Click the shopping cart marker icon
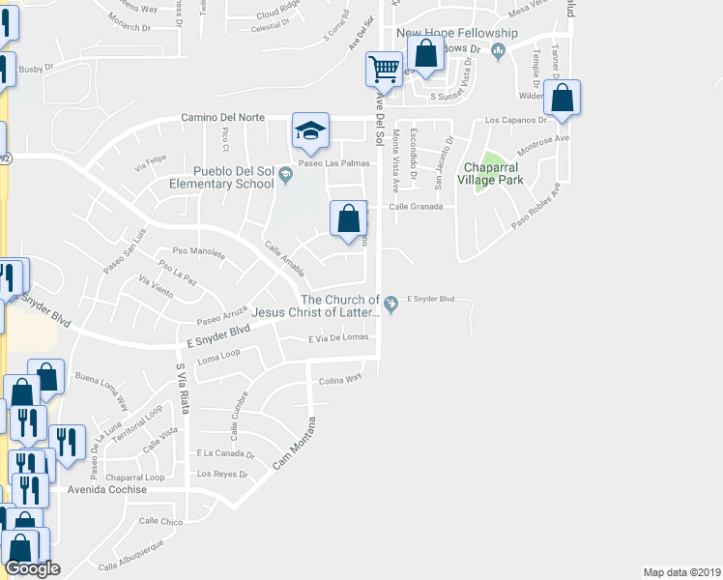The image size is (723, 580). [385, 70]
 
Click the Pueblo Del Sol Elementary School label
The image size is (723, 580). [221, 176]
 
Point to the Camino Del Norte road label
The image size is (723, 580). [223, 118]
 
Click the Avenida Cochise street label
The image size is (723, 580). [107, 489]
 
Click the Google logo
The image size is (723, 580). [33, 569]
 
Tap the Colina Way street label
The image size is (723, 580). [340, 380]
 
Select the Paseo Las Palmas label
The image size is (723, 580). [333, 162]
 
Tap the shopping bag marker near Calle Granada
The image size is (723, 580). [349, 218]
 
